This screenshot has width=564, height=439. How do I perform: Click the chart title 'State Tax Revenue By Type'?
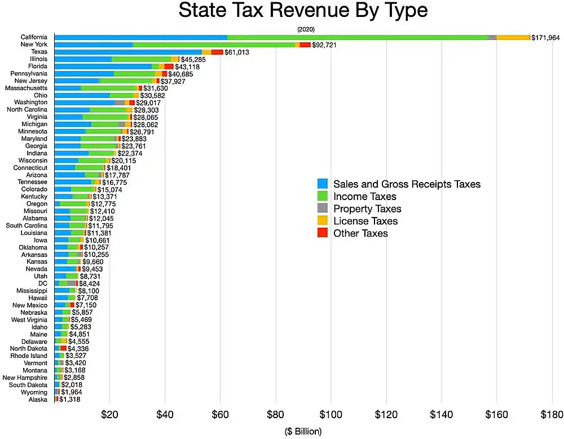coord(303,11)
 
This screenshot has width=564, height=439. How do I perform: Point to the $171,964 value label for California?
coord(547,37)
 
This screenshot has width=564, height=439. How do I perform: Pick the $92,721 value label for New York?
coord(324,45)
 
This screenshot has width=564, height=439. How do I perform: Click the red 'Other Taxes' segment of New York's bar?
coord(305,45)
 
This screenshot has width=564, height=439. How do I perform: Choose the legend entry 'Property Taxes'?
coord(367,209)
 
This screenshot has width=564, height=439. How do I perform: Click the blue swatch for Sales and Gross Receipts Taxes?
coord(323,184)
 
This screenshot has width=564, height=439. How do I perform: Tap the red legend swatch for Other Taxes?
coord(323,233)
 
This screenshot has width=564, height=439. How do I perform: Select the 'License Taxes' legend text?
coord(365,221)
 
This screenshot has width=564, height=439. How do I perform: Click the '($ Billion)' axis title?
coord(303,432)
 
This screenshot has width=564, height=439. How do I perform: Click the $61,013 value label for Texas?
coord(237,52)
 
